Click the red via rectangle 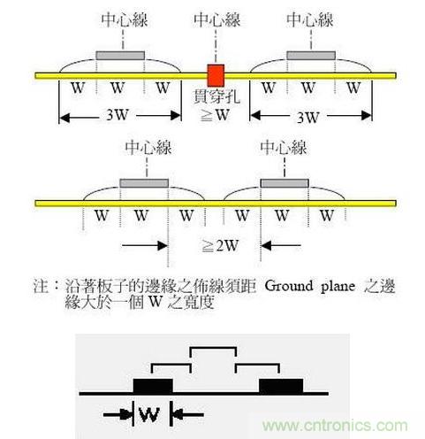pyautogui.click(x=216, y=75)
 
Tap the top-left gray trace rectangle pyautogui.click(x=120, y=56)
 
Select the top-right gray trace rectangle pyautogui.click(x=311, y=56)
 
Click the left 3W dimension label pyautogui.click(x=118, y=115)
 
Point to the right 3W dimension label pyautogui.click(x=308, y=118)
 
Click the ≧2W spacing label pyautogui.click(x=220, y=245)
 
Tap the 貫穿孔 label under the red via pyautogui.click(x=216, y=96)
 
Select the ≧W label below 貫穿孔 pyautogui.click(x=215, y=115)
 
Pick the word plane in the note pyautogui.click(x=338, y=287)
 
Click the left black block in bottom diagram pyautogui.click(x=153, y=386)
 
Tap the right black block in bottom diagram pyautogui.click(x=281, y=386)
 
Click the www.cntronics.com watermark pyautogui.click(x=335, y=426)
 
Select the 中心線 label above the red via pyautogui.click(x=217, y=20)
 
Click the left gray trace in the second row pyautogui.click(x=144, y=183)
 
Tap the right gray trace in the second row pyautogui.click(x=285, y=183)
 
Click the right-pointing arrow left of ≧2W pyautogui.click(x=145, y=245)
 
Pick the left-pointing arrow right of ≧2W pyautogui.click(x=281, y=245)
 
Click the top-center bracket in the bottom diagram pyautogui.click(x=213, y=348)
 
